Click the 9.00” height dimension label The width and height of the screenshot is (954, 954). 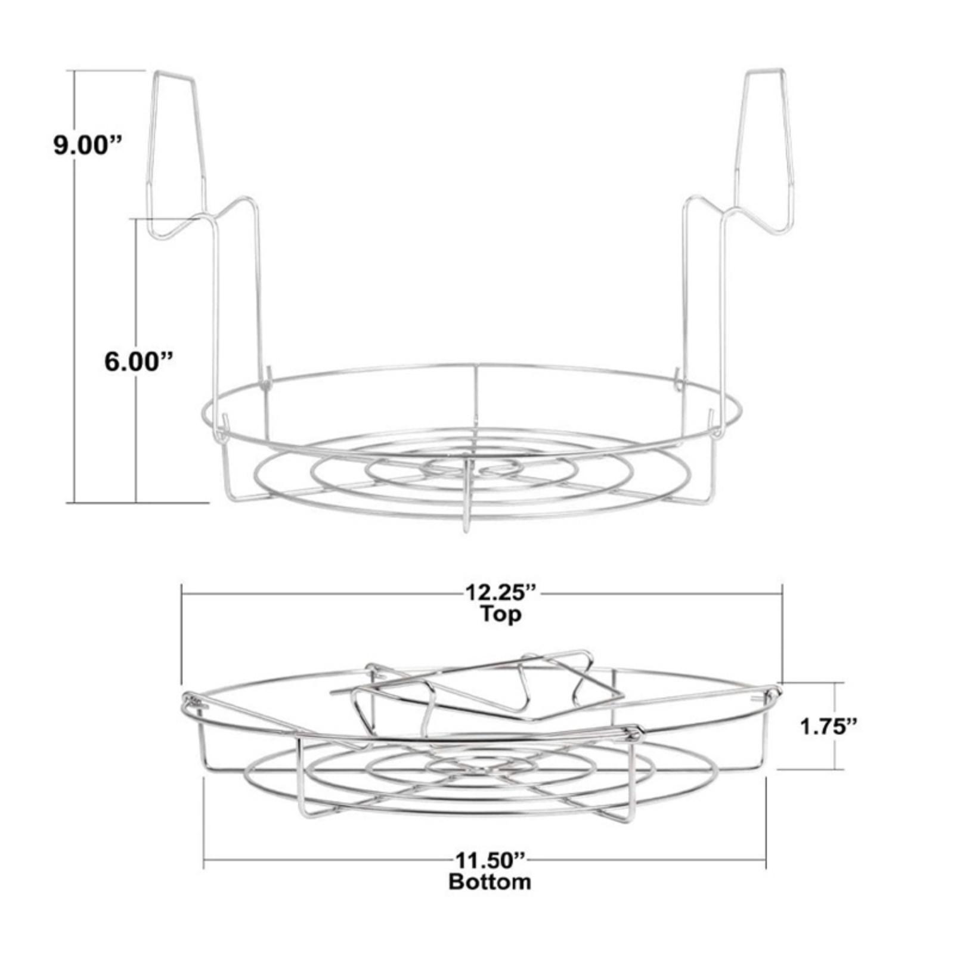click(88, 145)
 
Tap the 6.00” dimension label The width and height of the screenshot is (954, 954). click(139, 362)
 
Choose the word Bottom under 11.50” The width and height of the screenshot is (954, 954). click(490, 881)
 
